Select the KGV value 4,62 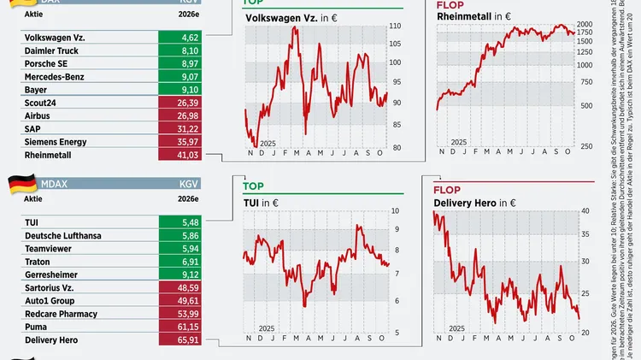pos(190,38)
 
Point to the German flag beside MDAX pos(22,183)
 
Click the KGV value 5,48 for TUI pos(190,222)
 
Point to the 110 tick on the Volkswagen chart pos(395,26)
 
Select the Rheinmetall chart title pos(469,16)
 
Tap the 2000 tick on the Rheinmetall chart pos(585,24)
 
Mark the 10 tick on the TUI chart pos(394,210)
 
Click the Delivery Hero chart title pos(471,203)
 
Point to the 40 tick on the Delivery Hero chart pos(585,210)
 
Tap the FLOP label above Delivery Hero pos(447,189)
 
